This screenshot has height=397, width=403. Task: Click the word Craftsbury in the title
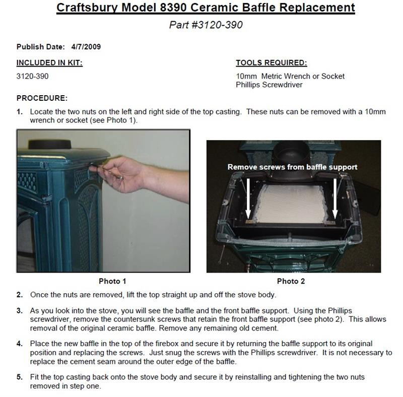coord(87,8)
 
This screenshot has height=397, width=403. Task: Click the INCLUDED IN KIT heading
coord(49,63)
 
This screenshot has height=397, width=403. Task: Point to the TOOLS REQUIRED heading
coord(271,63)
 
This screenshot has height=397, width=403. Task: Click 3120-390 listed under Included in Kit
coord(33,77)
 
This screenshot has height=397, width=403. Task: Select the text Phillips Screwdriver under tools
coord(269,85)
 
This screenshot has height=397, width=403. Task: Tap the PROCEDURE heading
coord(42,98)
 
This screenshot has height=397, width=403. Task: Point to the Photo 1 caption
coord(112,281)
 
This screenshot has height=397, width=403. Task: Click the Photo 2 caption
coord(291,281)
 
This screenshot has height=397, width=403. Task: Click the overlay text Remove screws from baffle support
coord(292,167)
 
